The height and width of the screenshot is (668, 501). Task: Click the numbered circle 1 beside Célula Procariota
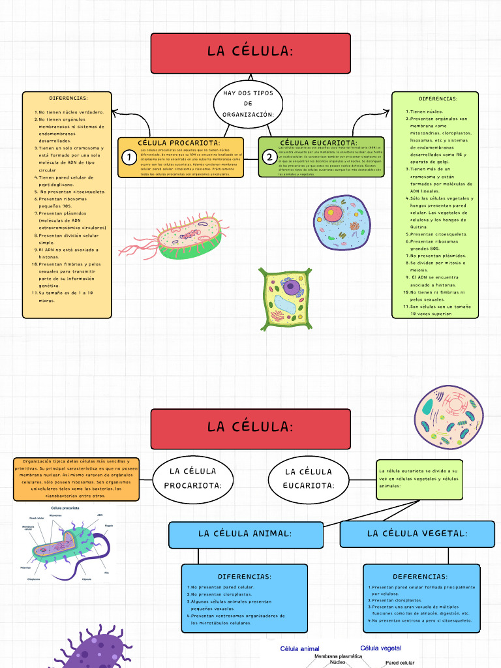pos(130,157)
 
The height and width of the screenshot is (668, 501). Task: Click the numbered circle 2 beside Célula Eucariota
pos(269,157)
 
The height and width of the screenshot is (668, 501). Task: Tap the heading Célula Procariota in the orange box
pos(179,143)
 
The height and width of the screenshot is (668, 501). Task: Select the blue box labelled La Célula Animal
pos(245,534)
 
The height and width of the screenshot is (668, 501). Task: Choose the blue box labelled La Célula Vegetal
pos(417,534)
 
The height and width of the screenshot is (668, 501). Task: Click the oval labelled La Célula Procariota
pos(192,478)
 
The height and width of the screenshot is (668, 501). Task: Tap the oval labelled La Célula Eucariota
pos(309,478)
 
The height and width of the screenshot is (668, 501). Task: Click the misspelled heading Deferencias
pos(420,577)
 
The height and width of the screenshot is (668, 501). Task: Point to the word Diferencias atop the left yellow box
pos(68,99)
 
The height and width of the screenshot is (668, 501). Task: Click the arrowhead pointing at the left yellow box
pos(115,113)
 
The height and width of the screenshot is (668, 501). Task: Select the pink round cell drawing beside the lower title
pos(449,417)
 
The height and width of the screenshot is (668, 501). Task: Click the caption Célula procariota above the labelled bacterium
pos(66,508)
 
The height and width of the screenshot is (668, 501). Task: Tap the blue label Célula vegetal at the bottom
pos(381,648)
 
